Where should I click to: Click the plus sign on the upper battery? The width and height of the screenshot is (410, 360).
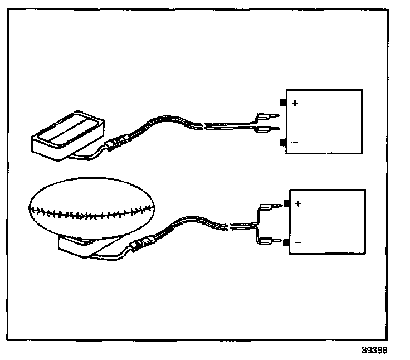[295, 103]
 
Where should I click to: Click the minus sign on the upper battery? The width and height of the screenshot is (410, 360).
[295, 143]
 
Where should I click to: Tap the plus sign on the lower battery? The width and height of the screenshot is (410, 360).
[298, 204]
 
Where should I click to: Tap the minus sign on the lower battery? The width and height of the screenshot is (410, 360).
[297, 243]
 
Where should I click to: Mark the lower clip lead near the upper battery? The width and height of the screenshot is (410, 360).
[264, 130]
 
